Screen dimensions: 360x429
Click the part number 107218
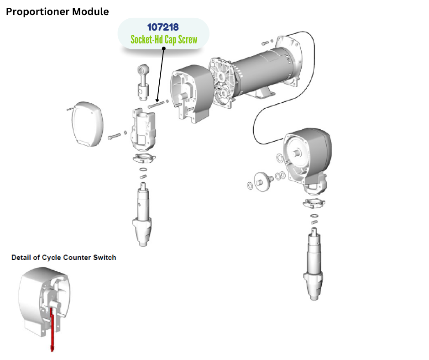click(x=162, y=27)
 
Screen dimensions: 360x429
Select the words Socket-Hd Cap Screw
click(x=164, y=40)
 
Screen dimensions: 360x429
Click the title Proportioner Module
click(x=57, y=12)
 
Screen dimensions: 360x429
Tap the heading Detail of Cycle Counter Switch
click(x=63, y=258)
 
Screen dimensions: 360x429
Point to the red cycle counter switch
click(x=52, y=329)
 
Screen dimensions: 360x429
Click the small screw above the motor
click(x=267, y=43)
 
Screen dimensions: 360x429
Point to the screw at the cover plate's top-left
click(x=69, y=109)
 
